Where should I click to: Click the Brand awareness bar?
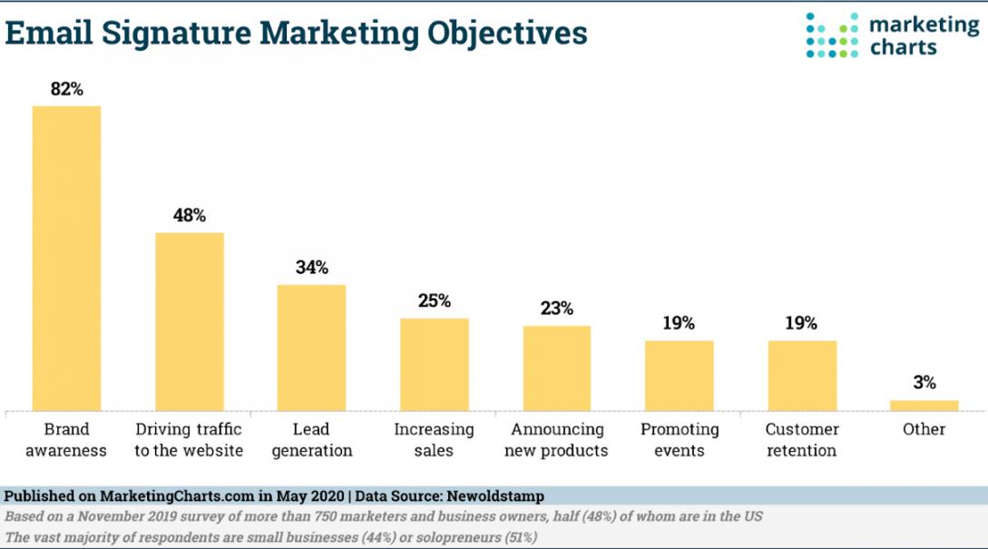click(x=66, y=258)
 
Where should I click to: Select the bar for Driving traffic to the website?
click(x=189, y=321)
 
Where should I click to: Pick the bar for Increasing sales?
click(x=434, y=364)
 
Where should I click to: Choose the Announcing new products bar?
click(x=556, y=368)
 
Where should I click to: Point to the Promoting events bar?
click(x=679, y=375)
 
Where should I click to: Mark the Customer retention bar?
click(x=802, y=375)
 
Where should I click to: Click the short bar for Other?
click(x=924, y=405)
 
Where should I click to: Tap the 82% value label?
click(x=66, y=89)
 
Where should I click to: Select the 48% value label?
click(x=189, y=216)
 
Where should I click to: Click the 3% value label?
click(x=924, y=383)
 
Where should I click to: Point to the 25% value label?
click(x=434, y=301)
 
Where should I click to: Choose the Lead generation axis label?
click(x=311, y=439)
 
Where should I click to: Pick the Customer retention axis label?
click(x=802, y=439)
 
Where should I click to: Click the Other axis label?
click(x=924, y=429)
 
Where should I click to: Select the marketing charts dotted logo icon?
click(x=832, y=35)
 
